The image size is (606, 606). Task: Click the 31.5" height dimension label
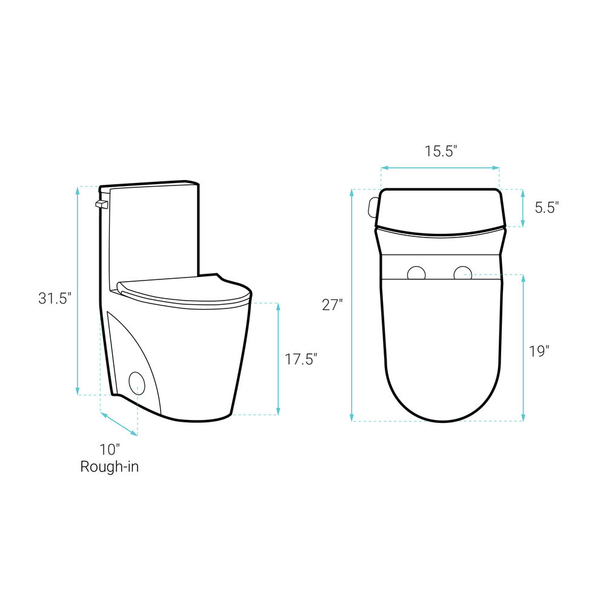[x=55, y=298]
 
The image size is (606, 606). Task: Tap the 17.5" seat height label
[x=301, y=359]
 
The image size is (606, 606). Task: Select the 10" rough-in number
[x=110, y=450]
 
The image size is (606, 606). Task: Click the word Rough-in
[x=109, y=467]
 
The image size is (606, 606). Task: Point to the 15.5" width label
[x=441, y=151]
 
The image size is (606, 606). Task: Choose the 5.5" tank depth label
[x=547, y=207]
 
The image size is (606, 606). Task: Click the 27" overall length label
[x=332, y=305]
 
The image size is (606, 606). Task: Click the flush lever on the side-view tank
[x=102, y=204]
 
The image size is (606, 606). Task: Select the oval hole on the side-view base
[x=137, y=384]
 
